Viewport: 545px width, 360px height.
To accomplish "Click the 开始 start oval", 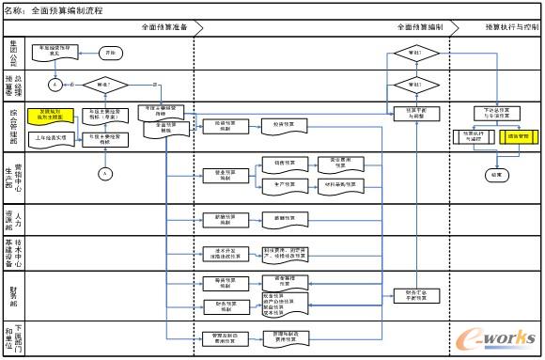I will point(112,52).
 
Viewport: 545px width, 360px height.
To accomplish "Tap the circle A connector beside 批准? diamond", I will point(56,85).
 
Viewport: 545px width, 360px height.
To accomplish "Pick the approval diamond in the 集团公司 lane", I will point(404,54).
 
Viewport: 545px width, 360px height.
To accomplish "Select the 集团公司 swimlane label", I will point(14,52).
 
